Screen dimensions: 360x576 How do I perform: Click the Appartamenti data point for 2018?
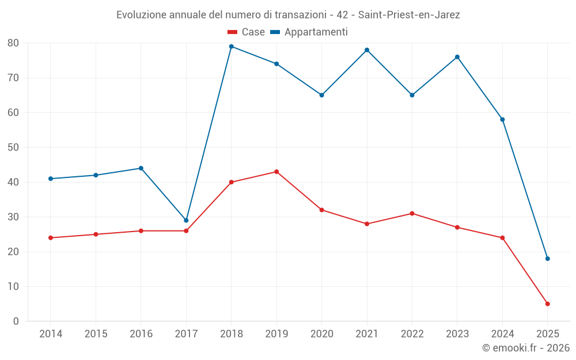click(231, 47)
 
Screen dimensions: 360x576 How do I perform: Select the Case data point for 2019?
click(276, 172)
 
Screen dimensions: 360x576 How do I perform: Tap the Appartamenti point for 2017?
click(186, 221)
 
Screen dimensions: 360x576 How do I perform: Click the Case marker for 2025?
click(547, 304)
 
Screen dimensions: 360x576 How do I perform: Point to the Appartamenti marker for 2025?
click(547, 259)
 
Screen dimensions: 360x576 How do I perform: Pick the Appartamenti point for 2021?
click(367, 50)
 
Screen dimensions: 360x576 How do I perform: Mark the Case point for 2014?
click(51, 238)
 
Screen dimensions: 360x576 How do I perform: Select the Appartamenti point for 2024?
click(502, 120)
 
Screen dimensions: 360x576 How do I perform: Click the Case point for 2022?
click(412, 214)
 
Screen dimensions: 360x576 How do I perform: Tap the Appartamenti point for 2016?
click(141, 168)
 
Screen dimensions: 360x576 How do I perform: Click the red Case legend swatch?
click(233, 32)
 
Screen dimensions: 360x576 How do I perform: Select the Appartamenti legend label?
click(316, 32)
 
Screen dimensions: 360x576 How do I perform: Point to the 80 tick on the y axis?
click(13, 43)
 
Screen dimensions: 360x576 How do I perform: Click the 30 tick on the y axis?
click(13, 217)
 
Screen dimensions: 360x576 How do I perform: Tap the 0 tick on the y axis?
click(16, 321)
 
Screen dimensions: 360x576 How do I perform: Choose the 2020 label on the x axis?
click(321, 334)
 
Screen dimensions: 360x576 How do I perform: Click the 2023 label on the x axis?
click(457, 334)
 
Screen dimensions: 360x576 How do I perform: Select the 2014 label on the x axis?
click(51, 334)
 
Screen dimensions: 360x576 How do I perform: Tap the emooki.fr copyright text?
click(525, 348)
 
